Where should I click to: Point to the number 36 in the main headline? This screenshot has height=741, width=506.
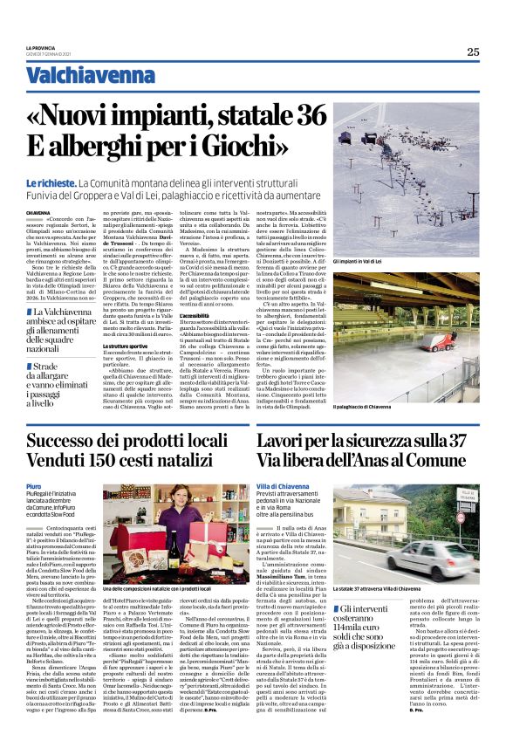[307, 116]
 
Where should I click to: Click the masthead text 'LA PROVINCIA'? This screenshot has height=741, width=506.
[41, 48]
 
